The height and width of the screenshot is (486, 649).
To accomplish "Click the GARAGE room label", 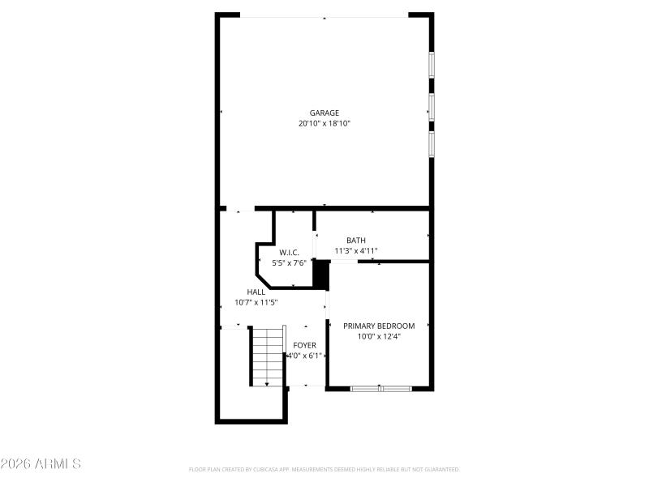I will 324,113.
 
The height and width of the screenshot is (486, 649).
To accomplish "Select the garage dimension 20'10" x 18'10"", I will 324,124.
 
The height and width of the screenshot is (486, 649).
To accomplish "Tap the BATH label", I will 356,241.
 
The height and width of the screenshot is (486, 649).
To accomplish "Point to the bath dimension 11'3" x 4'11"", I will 356,251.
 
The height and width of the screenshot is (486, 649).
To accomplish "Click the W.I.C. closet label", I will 290,253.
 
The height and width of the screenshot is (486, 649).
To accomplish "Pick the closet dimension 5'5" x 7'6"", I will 290,263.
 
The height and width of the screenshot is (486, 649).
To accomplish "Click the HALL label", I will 256,292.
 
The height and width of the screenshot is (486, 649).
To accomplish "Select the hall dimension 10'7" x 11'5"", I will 256,302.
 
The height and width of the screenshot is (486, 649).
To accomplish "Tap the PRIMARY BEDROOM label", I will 379,326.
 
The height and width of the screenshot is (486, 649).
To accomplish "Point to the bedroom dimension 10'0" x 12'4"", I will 379,336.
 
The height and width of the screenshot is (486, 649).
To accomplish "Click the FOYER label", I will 305,345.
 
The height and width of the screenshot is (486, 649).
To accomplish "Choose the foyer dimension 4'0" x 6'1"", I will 305,355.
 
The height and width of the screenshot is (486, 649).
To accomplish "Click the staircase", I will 267,356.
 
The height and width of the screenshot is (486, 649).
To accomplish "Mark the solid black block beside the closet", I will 322,275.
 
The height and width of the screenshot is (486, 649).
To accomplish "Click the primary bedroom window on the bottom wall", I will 380,389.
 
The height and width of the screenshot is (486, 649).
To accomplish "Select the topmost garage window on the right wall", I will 432,65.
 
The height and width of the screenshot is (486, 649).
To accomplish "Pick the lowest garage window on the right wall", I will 432,143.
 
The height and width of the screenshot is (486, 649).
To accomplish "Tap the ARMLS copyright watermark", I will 41,464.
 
